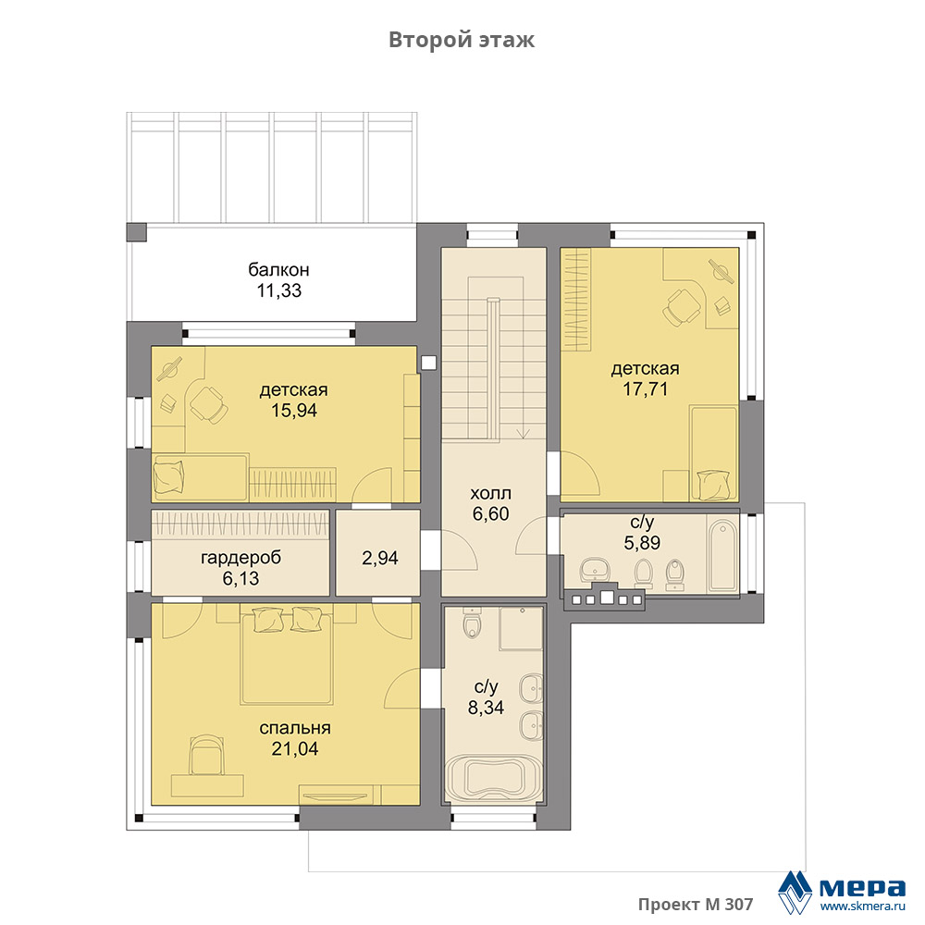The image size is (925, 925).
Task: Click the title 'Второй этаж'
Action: pyautogui.click(x=462, y=40)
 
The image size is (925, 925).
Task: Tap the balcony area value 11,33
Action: pyautogui.click(x=279, y=290)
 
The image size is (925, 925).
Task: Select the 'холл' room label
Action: pyautogui.click(x=490, y=493)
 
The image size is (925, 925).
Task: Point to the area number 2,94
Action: pyautogui.click(x=380, y=558)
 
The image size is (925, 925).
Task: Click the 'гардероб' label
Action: pyautogui.click(x=240, y=558)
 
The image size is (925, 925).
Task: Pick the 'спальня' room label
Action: pyautogui.click(x=295, y=728)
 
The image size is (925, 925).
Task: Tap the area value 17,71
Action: pyautogui.click(x=646, y=389)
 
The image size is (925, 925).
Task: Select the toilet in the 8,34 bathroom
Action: pyautogui.click(x=473, y=623)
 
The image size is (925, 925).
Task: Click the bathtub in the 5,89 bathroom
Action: pyautogui.click(x=722, y=555)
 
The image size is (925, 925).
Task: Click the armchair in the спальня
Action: pyautogui.click(x=206, y=755)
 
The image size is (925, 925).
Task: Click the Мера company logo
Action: pyautogui.click(x=841, y=892)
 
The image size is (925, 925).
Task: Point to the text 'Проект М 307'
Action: pyautogui.click(x=696, y=905)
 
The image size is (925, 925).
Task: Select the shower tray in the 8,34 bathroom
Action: pyautogui.click(x=521, y=629)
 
